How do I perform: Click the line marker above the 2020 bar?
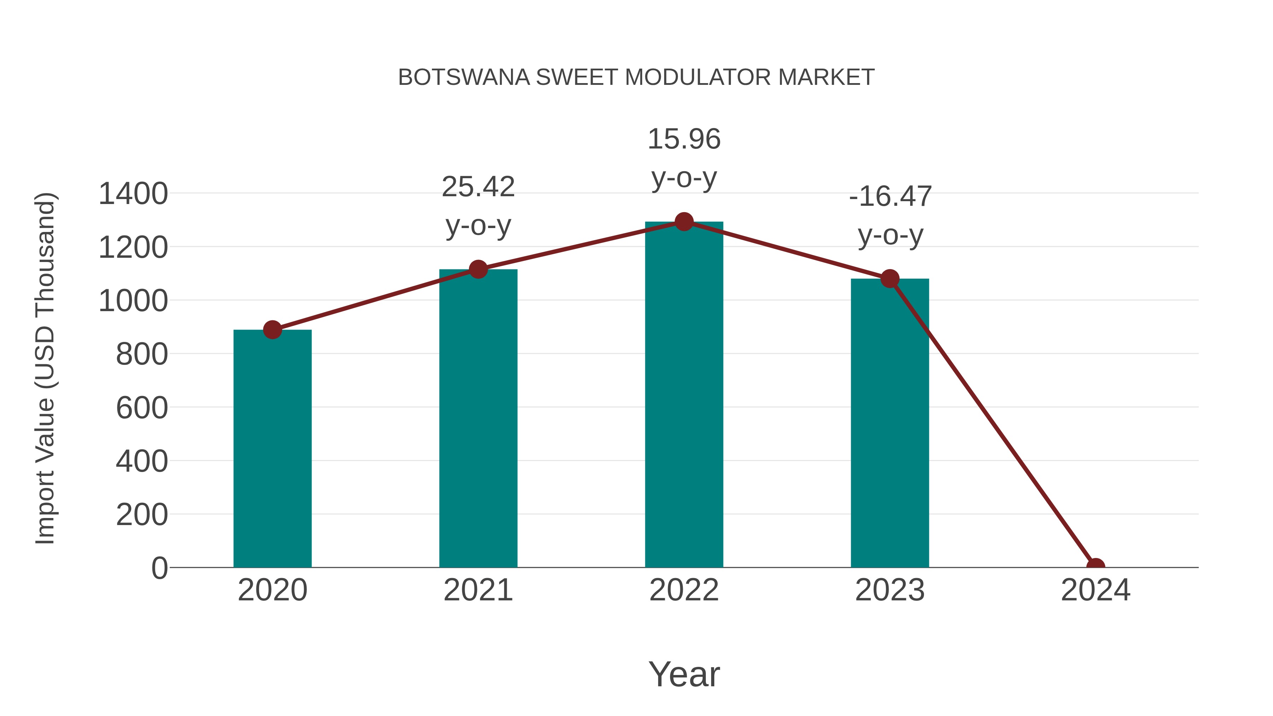point(272,330)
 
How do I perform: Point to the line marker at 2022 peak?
point(684,222)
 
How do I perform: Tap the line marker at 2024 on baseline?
point(1095,566)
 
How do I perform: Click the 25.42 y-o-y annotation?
point(478,206)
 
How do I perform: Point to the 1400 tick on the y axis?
point(133,194)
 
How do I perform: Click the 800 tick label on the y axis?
point(142,354)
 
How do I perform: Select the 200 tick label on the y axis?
point(142,515)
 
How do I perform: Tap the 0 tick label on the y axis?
point(159,568)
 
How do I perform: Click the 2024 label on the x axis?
point(1095,590)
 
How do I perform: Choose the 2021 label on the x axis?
point(478,590)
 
